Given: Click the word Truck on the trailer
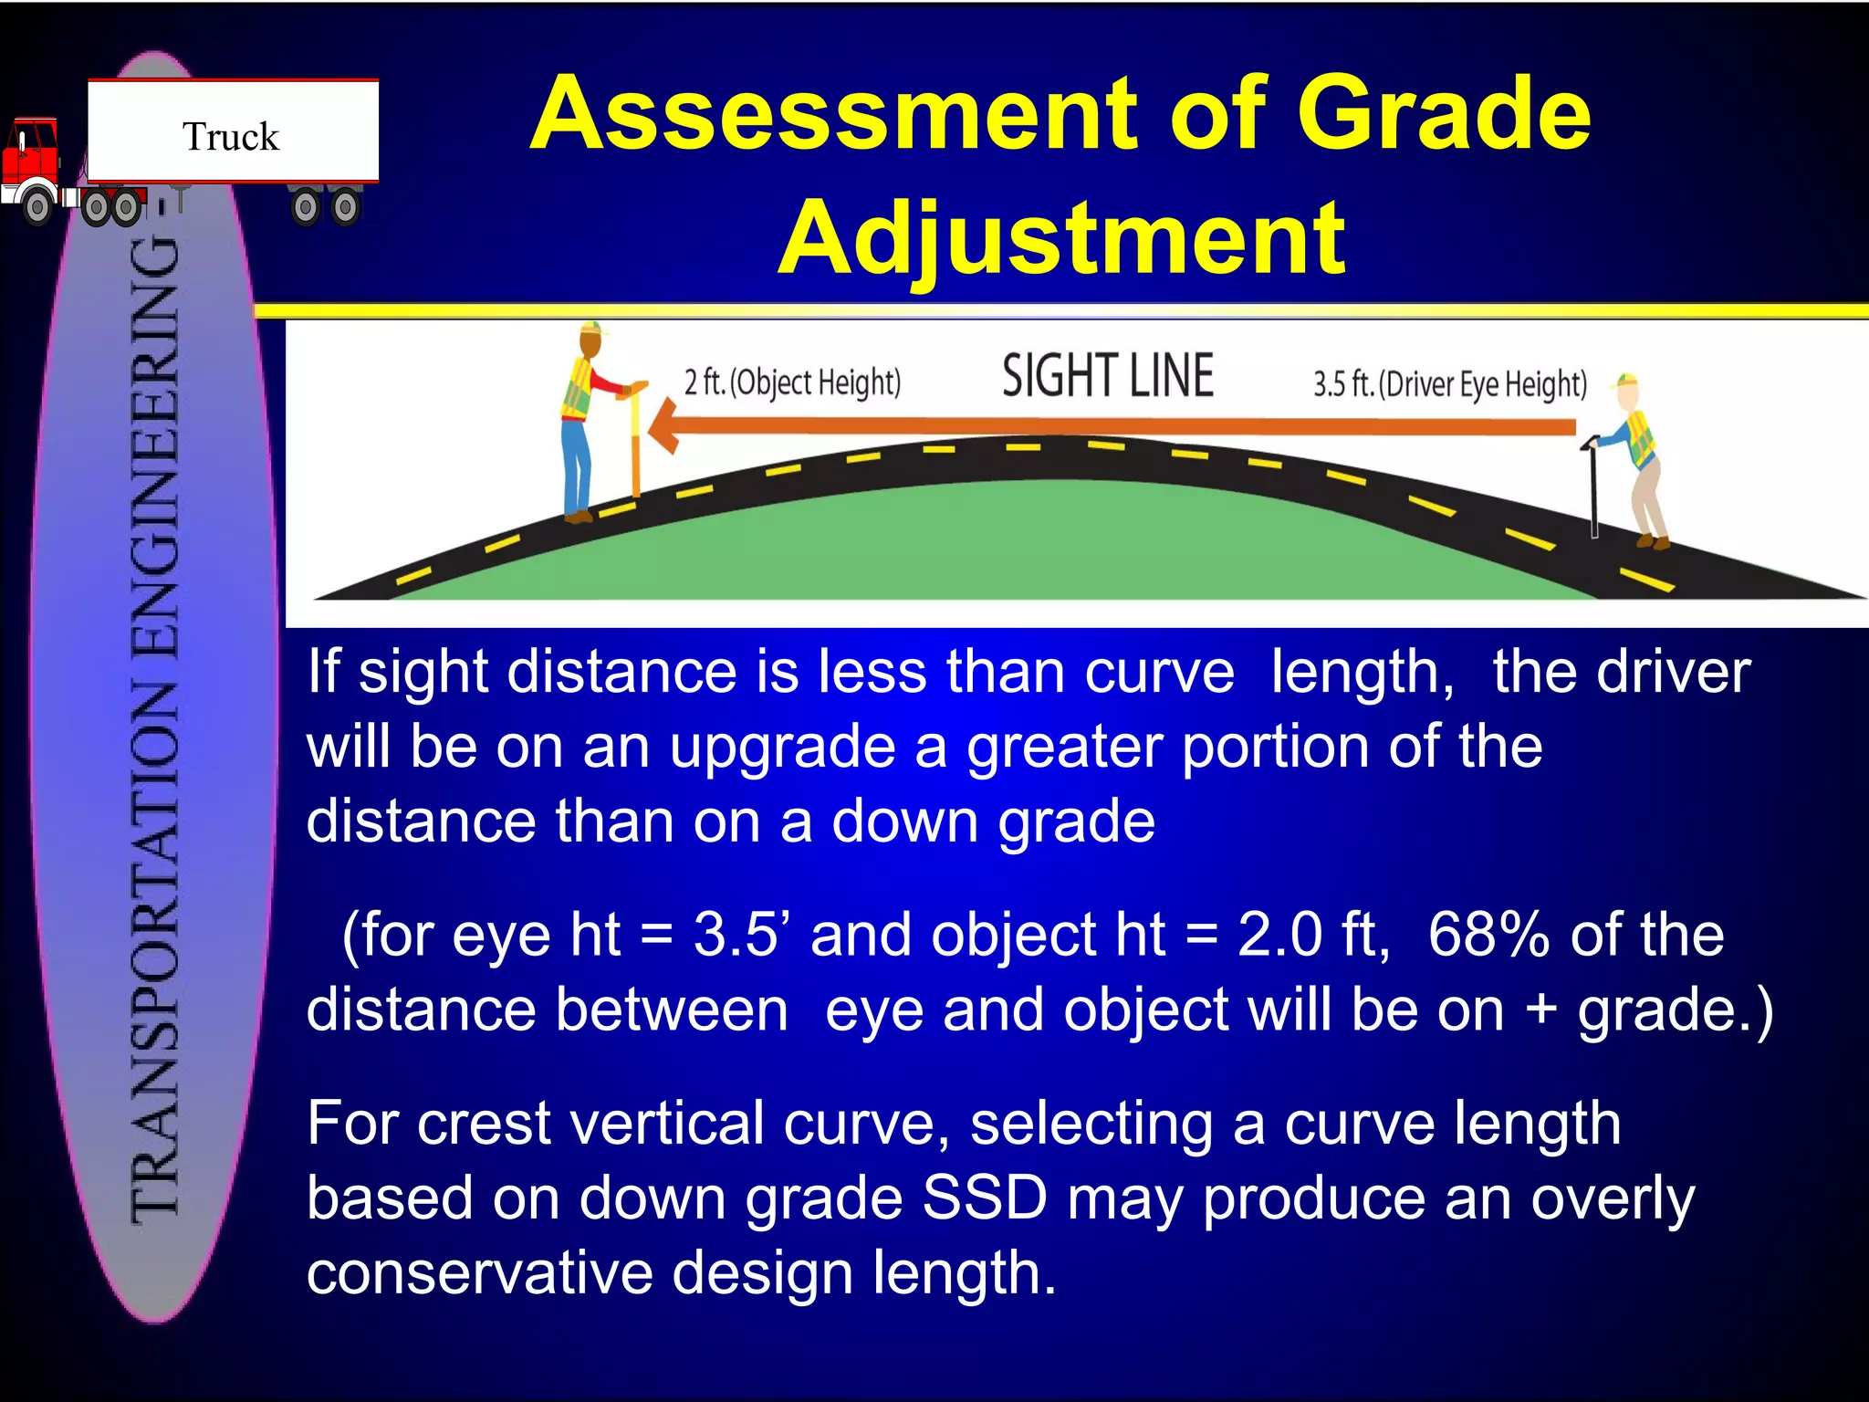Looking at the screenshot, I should (231, 137).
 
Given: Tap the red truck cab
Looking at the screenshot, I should (31, 155).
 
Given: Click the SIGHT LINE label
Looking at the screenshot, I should (1107, 376).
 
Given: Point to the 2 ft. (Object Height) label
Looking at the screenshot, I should (792, 382).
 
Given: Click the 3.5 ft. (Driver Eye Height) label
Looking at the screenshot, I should (1449, 384).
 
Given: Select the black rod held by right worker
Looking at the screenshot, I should (1593, 493).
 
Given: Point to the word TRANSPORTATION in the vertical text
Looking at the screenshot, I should (155, 949).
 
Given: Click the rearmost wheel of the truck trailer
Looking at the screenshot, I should (345, 208).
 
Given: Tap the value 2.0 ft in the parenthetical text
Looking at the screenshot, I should (1310, 935).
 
